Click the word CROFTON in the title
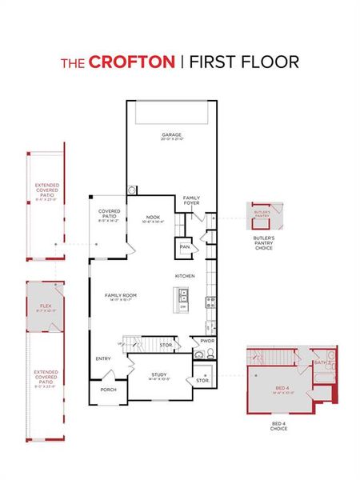click(130, 61)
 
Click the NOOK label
click(154, 216)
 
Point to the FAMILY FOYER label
click(192, 200)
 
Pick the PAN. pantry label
click(184, 247)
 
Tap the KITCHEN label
click(185, 276)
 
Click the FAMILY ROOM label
click(121, 296)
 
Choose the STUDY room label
click(159, 374)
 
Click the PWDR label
click(207, 341)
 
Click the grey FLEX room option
click(46, 306)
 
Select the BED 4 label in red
click(279, 390)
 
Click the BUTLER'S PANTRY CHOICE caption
click(264, 243)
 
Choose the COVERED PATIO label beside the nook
click(110, 214)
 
